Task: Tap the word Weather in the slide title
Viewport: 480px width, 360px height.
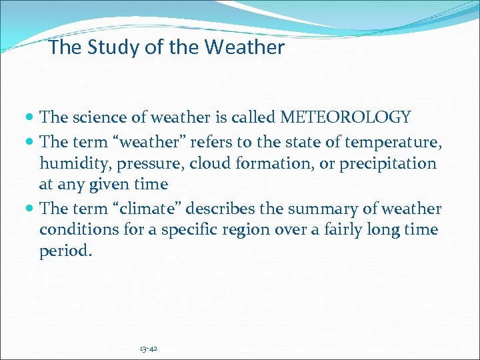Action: (245, 47)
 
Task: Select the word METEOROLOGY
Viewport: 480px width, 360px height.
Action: (345, 118)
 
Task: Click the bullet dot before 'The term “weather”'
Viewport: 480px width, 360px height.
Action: (33, 141)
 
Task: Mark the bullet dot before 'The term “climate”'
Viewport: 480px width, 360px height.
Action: (33, 209)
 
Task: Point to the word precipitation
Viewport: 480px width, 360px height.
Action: (388, 164)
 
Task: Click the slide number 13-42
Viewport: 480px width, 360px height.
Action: (148, 349)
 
